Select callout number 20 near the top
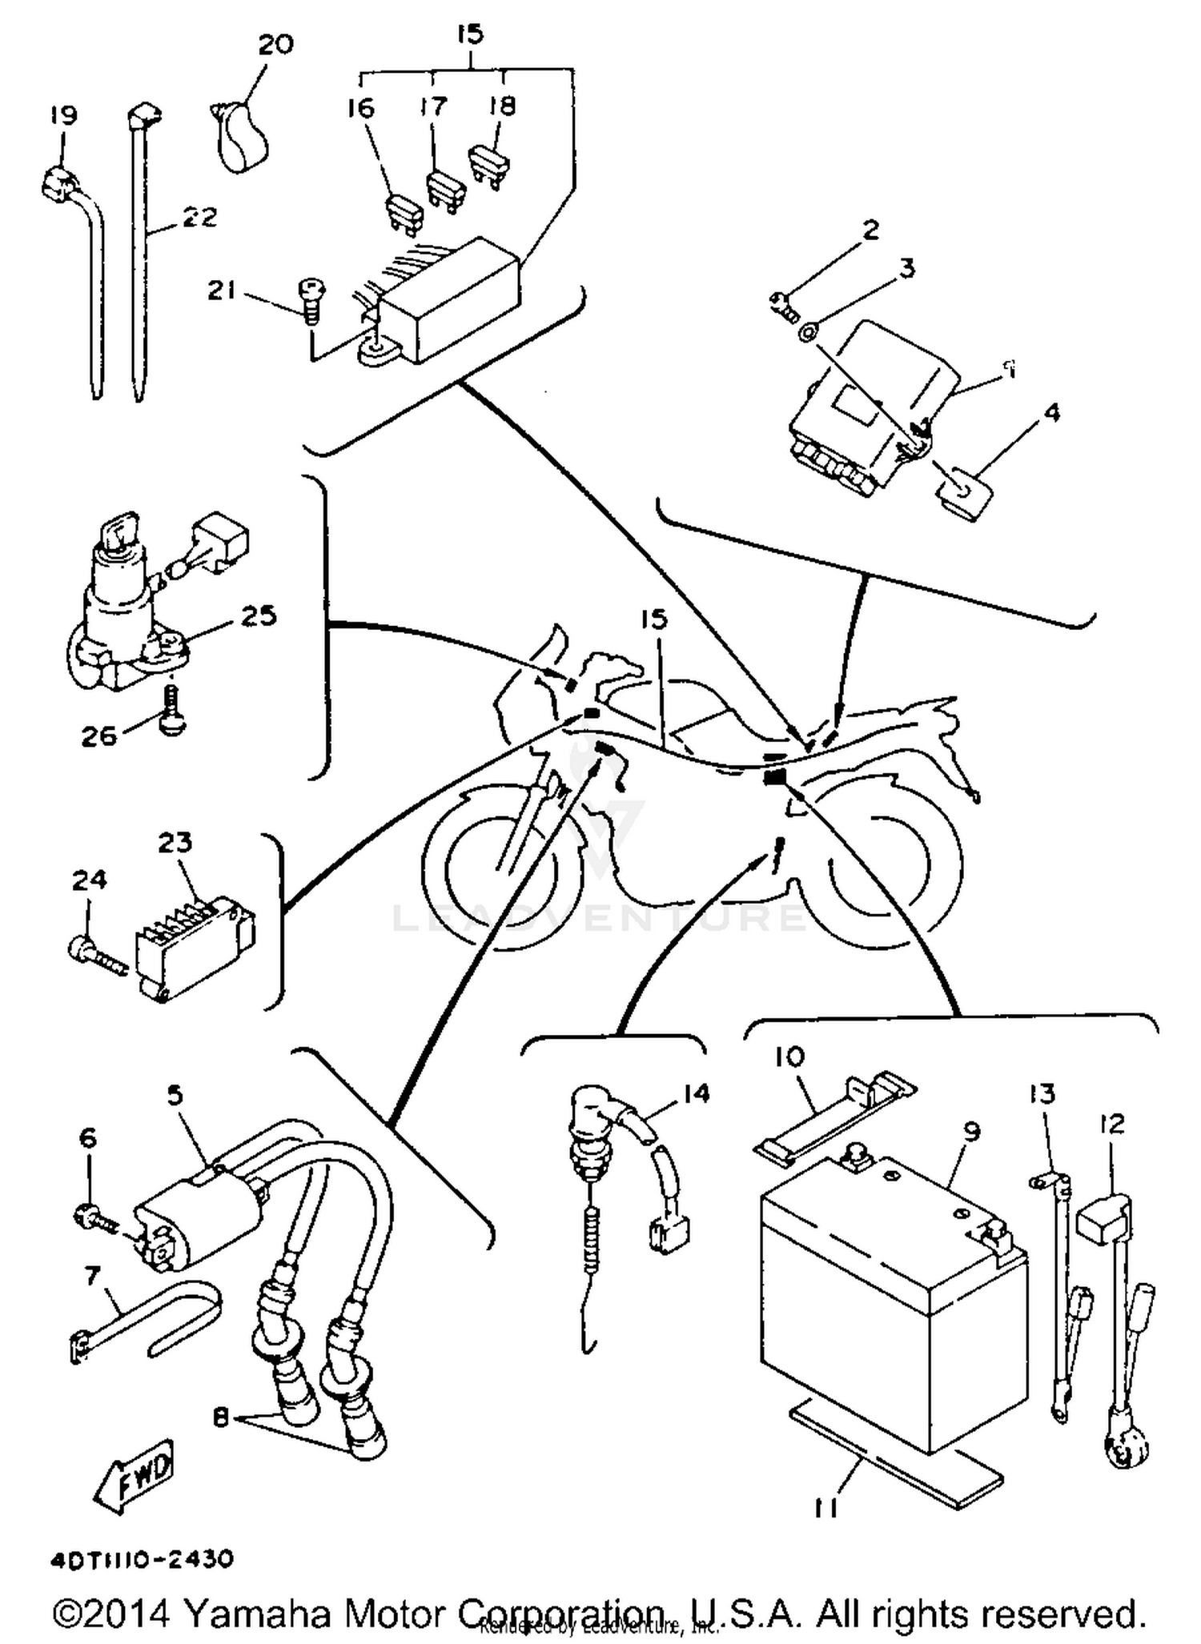pyautogui.click(x=275, y=45)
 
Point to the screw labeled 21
pyautogui.click(x=311, y=299)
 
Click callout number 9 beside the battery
pyautogui.click(x=971, y=1132)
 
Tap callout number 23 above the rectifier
pyautogui.click(x=175, y=843)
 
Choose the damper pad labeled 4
pyautogui.click(x=963, y=495)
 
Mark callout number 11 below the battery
pyautogui.click(x=827, y=1508)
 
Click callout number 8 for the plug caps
pyautogui.click(x=221, y=1417)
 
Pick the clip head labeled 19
pyautogui.click(x=56, y=186)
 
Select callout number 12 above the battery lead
pyautogui.click(x=1112, y=1124)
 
